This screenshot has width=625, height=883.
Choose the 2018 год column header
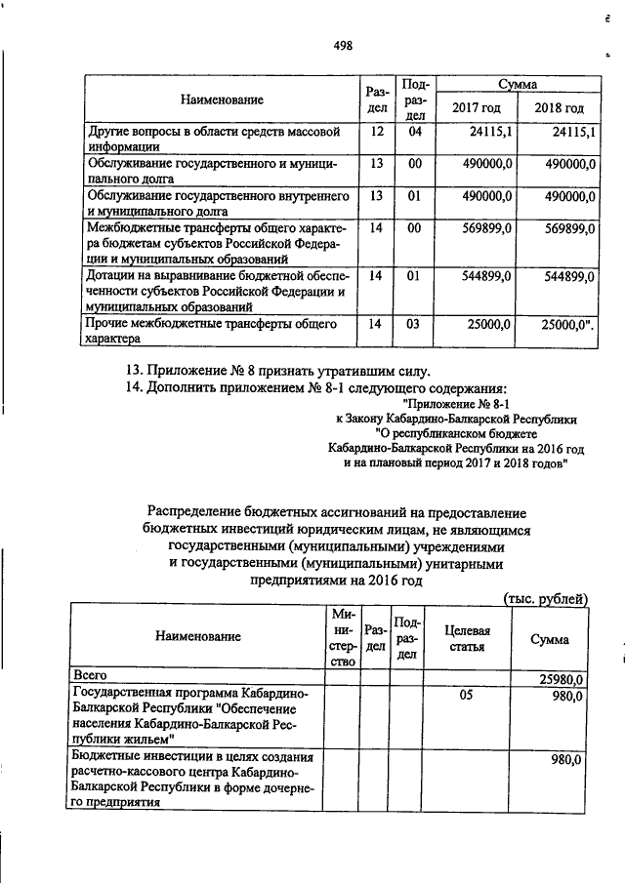coord(560,108)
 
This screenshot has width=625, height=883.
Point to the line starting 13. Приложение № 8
coord(278,370)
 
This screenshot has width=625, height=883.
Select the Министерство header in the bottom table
coord(343,637)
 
